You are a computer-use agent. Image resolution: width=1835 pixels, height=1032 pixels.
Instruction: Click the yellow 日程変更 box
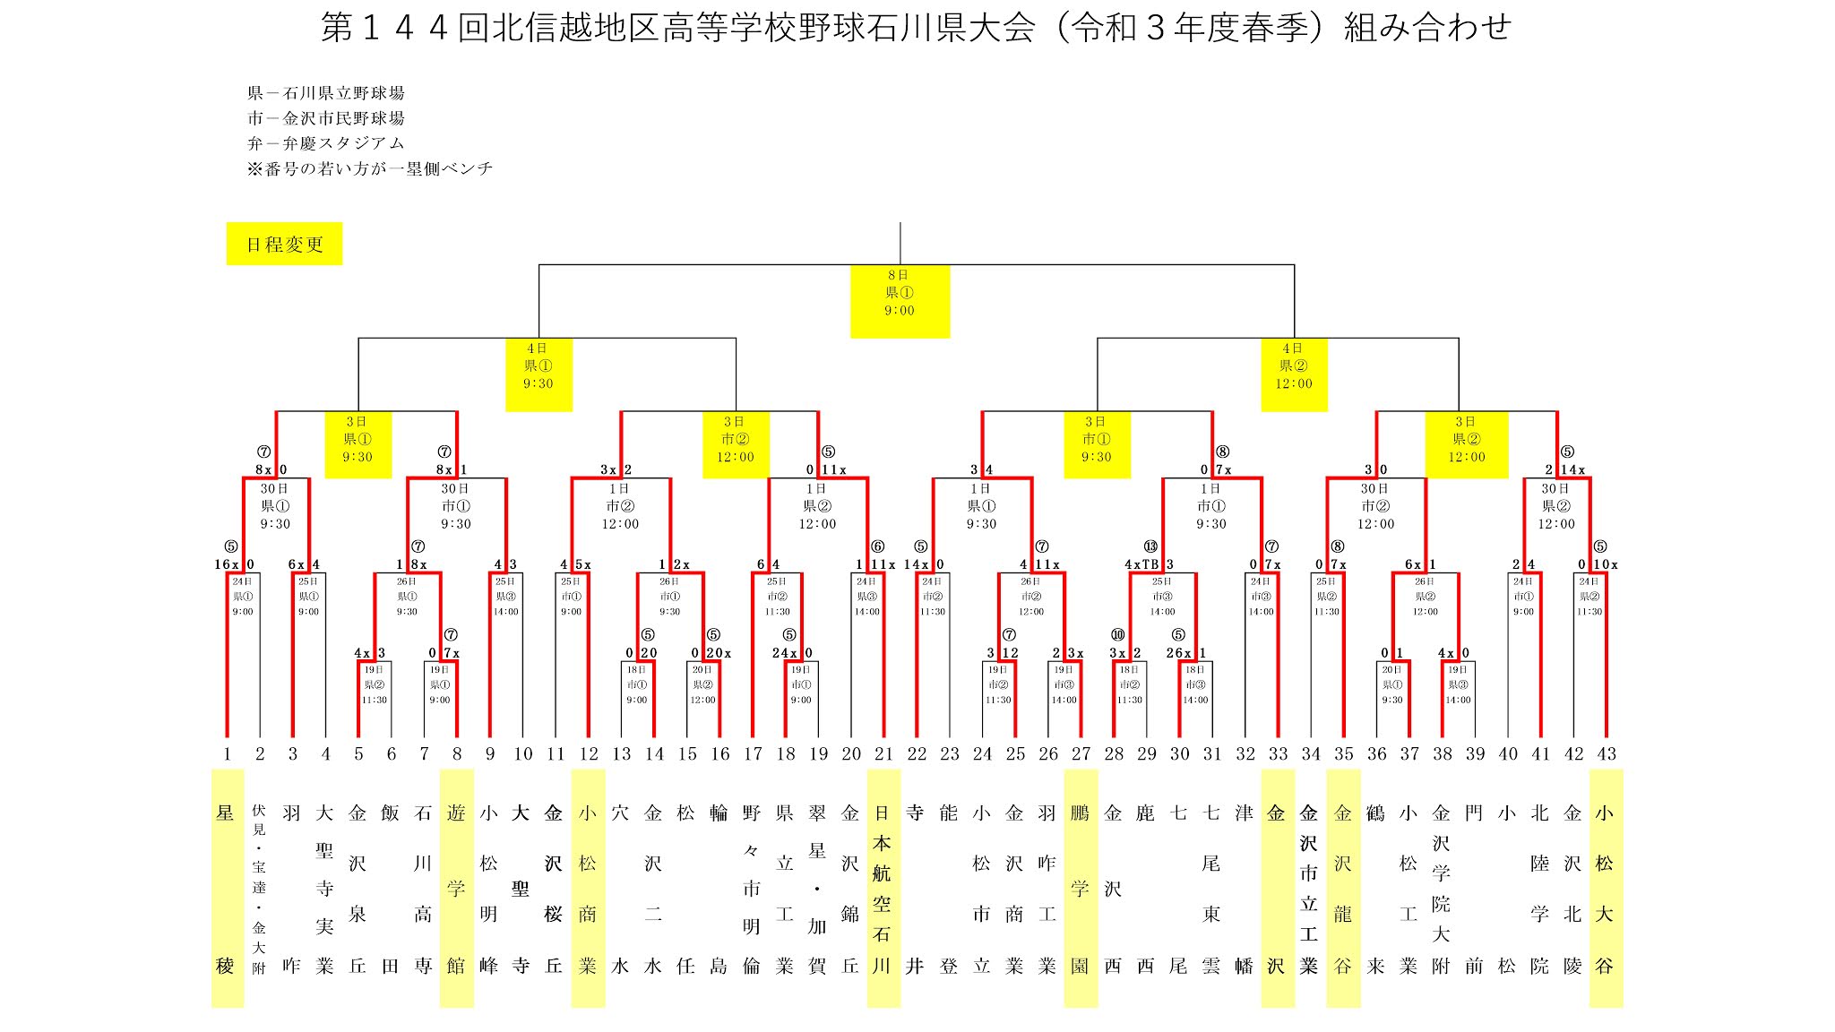(x=284, y=244)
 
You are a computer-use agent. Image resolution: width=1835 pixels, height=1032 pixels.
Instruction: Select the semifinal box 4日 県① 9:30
(x=538, y=374)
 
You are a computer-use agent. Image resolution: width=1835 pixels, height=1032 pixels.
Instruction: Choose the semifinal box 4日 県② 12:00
(x=1293, y=374)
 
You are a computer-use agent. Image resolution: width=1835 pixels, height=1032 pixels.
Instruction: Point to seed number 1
(x=227, y=753)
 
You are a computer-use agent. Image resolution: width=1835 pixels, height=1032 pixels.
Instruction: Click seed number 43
(x=1606, y=753)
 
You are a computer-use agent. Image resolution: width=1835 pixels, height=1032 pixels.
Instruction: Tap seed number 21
(x=883, y=753)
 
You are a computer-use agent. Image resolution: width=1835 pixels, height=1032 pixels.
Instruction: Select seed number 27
(x=1081, y=753)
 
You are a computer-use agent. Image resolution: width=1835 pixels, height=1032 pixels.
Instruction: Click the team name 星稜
(x=226, y=888)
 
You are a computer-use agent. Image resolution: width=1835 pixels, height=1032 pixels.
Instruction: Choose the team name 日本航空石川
(x=883, y=888)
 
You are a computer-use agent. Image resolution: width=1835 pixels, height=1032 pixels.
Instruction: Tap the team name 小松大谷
(x=1605, y=888)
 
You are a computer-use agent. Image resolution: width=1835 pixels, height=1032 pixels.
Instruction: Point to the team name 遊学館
(x=456, y=888)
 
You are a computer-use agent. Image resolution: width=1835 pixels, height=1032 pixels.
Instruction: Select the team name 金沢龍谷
(x=1342, y=888)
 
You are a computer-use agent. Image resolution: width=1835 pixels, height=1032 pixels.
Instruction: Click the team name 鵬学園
(x=1080, y=888)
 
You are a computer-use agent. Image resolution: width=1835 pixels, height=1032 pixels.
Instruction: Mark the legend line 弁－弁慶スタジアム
(x=326, y=143)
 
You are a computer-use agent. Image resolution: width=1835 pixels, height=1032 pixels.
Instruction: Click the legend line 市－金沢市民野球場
(x=326, y=118)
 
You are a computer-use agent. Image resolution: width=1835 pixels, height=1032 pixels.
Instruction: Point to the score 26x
(x=1178, y=653)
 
